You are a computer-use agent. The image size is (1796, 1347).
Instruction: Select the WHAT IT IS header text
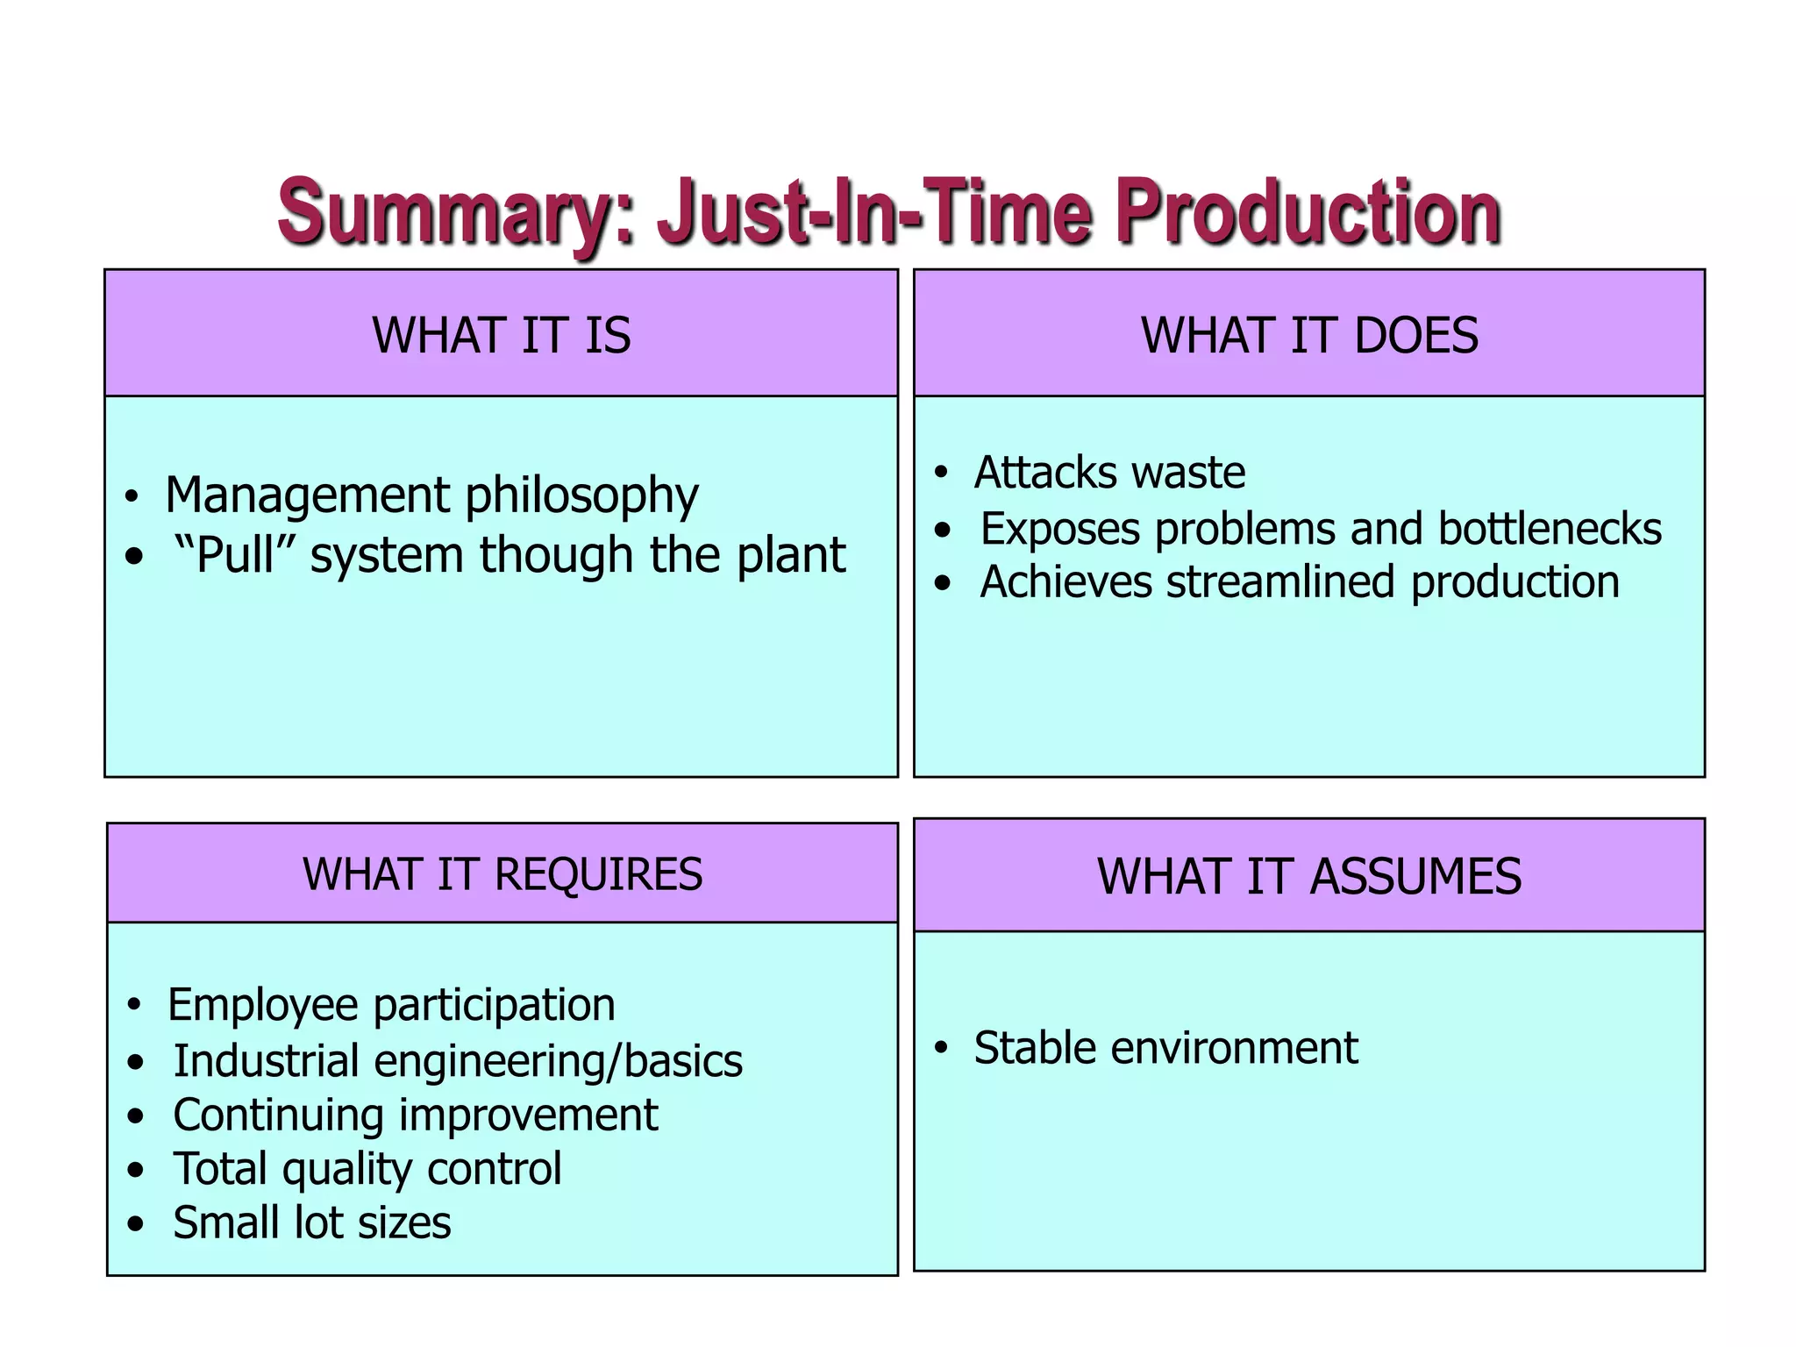[501, 335]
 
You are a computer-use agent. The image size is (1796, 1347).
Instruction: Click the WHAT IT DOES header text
[1308, 335]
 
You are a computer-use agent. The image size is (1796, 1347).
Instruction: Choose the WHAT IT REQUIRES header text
[502, 874]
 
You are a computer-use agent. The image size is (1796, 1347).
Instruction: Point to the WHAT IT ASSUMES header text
[1308, 876]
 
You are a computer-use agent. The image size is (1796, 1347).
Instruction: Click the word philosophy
[581, 496]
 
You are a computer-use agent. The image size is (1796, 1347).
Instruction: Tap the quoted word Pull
[234, 555]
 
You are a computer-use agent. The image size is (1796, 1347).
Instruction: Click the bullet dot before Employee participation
[133, 1004]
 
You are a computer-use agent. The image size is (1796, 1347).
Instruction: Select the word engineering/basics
[558, 1062]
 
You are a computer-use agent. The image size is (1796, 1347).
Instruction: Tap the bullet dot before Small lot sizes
[134, 1223]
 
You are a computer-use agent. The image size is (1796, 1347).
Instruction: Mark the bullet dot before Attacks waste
[941, 473]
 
